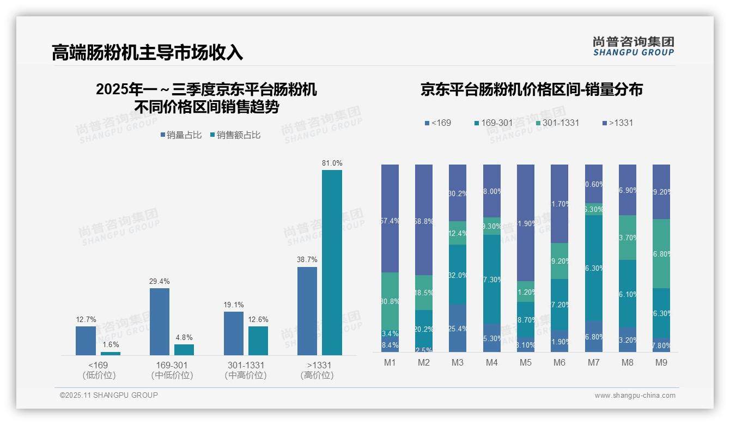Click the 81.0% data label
point(332,163)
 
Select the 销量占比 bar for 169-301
point(159,321)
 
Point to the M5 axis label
point(525,362)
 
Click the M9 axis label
point(661,362)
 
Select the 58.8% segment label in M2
point(423,222)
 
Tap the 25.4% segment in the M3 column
point(457,328)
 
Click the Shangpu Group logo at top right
point(633,46)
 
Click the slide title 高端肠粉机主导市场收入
point(147,52)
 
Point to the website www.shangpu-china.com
point(635,396)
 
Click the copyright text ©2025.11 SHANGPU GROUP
point(109,396)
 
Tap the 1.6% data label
point(110,345)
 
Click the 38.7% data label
point(307,260)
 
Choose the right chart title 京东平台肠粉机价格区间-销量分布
point(531,89)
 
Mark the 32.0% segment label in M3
point(457,275)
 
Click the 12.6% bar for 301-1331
point(258,341)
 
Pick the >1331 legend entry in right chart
point(617,123)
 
